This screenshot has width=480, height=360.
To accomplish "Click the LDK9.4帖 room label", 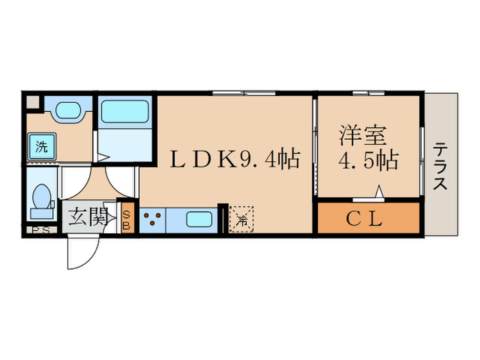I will click(x=235, y=160).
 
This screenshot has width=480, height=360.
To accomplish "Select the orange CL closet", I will click(x=368, y=219).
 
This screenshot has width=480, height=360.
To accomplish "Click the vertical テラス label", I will click(x=440, y=165).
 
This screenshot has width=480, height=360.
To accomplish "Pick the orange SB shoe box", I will click(x=127, y=219).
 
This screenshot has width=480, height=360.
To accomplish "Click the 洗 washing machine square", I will click(x=41, y=146).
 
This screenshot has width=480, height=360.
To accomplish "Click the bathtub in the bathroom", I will click(x=125, y=111).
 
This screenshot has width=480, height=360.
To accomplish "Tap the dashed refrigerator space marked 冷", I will click(x=241, y=219).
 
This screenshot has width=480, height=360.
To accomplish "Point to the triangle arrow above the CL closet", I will click(x=378, y=193).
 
